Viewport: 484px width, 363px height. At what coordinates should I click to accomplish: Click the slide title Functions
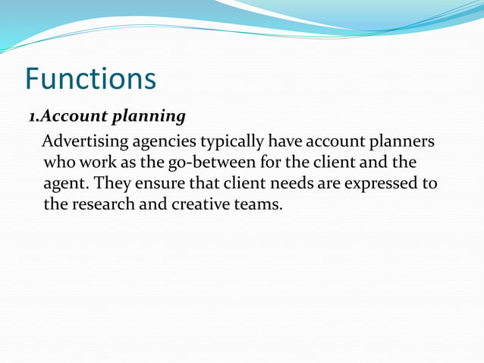click(90, 78)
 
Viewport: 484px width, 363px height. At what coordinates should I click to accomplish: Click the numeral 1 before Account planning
click(33, 117)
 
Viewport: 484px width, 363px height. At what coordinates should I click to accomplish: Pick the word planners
click(401, 143)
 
